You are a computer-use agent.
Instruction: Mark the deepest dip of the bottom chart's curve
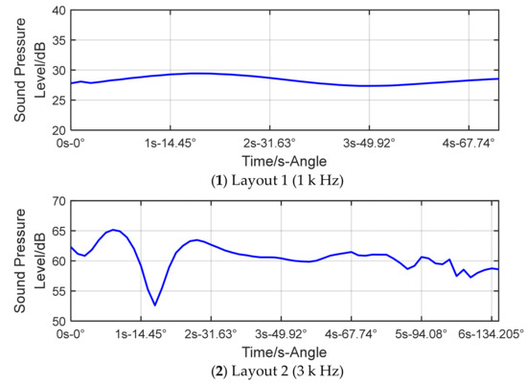click(x=154, y=305)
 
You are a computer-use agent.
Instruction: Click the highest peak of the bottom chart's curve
click(x=114, y=230)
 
